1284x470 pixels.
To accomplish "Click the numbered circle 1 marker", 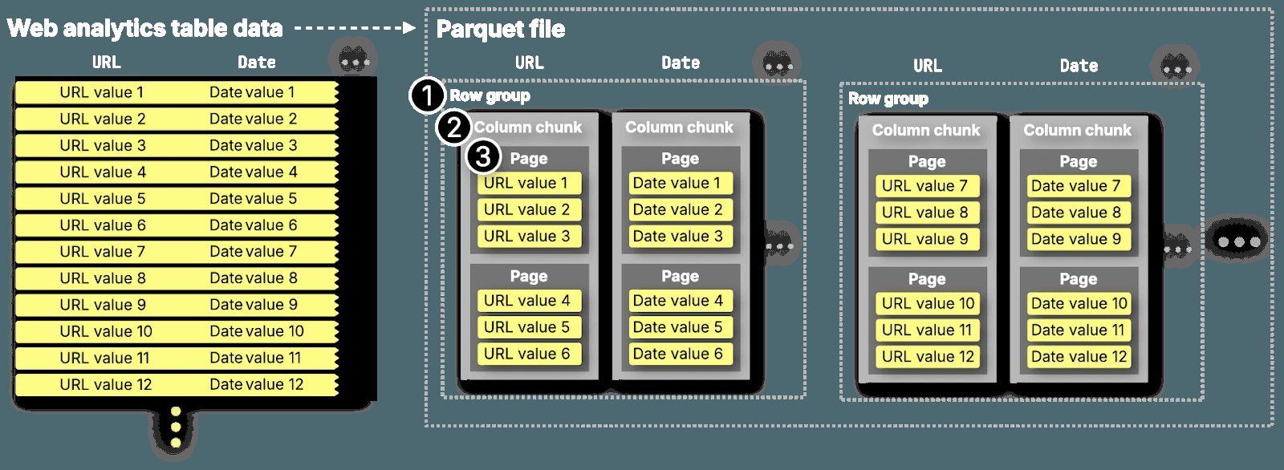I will [x=427, y=96].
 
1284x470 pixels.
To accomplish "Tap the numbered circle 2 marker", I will [x=454, y=127].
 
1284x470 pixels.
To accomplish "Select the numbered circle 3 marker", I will [x=483, y=156].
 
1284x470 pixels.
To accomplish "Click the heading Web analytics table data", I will [x=144, y=29].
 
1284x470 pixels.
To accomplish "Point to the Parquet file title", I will [x=500, y=30].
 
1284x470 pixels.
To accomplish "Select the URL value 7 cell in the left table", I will [x=102, y=252].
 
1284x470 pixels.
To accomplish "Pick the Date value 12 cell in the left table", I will [x=256, y=384].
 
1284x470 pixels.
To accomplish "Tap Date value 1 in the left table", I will [x=251, y=92].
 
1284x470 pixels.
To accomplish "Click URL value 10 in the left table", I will [x=105, y=331].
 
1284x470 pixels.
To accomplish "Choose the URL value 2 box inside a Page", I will [x=527, y=210].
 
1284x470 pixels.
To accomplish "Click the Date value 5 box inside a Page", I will [x=678, y=327].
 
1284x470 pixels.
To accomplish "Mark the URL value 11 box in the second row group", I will [x=926, y=330].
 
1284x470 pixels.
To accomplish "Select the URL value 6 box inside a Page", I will [x=527, y=354].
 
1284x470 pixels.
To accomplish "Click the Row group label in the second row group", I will [x=888, y=99].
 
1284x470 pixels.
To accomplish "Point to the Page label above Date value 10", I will [x=1078, y=279].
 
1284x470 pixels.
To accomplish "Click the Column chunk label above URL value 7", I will [x=926, y=130].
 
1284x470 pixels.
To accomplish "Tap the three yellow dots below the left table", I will [x=176, y=427].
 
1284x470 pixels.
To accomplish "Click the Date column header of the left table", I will [x=256, y=63].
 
